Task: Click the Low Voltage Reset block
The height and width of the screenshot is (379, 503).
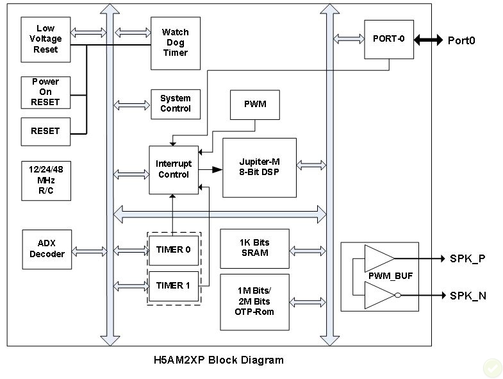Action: [x=45, y=39]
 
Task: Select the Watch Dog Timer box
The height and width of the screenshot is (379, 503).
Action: [x=175, y=43]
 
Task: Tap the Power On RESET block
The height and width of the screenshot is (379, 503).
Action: [x=45, y=92]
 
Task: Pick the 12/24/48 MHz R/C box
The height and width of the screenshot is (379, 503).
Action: [x=45, y=180]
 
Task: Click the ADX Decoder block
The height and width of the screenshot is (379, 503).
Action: [x=47, y=249]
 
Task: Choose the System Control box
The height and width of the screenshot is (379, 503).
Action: [x=175, y=104]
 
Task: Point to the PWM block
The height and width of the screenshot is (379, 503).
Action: [x=255, y=104]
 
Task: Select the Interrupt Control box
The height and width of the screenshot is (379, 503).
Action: [x=174, y=169]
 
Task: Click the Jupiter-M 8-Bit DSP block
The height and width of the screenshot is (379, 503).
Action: [x=259, y=167]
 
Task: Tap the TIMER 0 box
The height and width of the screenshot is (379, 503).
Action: [x=174, y=250]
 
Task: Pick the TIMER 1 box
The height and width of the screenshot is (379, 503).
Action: [x=174, y=285]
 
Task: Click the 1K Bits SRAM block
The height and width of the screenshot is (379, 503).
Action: [x=254, y=248]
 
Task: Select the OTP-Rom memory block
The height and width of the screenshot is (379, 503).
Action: [x=254, y=301]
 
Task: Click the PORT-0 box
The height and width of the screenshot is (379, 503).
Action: [x=389, y=38]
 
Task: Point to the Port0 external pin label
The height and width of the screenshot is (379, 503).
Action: [x=461, y=41]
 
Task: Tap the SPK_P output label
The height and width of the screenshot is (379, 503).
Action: [x=467, y=259]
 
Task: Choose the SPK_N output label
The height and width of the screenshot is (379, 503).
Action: [x=467, y=296]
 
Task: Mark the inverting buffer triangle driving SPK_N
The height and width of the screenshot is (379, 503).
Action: [x=379, y=296]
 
